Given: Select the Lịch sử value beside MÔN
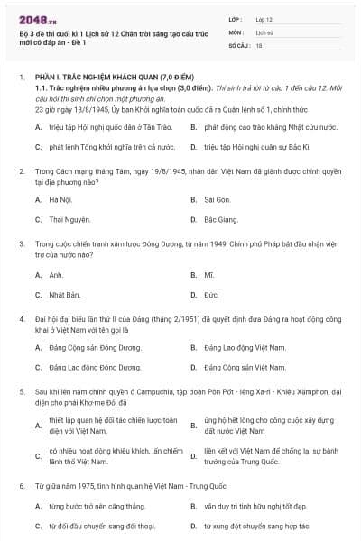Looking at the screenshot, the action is [264, 31].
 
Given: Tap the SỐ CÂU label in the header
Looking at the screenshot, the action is [238, 43].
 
